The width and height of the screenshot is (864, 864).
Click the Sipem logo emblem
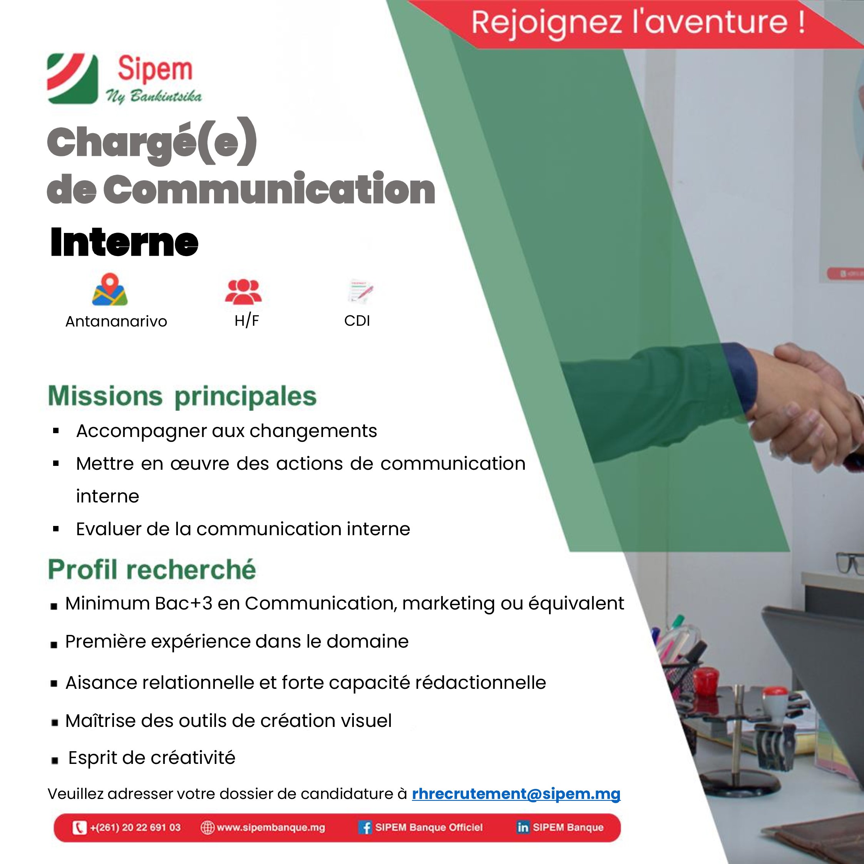(72, 79)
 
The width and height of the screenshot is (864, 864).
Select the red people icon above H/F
(243, 291)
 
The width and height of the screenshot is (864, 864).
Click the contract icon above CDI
(360, 292)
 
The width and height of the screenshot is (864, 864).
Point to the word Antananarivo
(116, 321)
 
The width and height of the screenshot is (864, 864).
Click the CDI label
(357, 321)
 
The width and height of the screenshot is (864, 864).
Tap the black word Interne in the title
(124, 243)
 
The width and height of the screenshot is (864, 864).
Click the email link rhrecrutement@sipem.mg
(516, 794)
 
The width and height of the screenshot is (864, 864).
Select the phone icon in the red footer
(79, 828)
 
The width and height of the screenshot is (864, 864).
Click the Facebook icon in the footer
(365, 828)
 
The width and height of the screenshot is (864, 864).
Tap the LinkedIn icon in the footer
(522, 828)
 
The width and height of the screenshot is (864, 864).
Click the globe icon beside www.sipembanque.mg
(208, 828)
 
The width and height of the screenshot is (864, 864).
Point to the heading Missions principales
(182, 396)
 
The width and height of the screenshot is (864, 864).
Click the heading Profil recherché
(152, 570)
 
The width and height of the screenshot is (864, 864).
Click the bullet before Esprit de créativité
(55, 761)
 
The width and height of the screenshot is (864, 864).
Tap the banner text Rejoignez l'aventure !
(638, 22)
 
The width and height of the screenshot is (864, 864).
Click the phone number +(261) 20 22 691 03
(135, 828)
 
